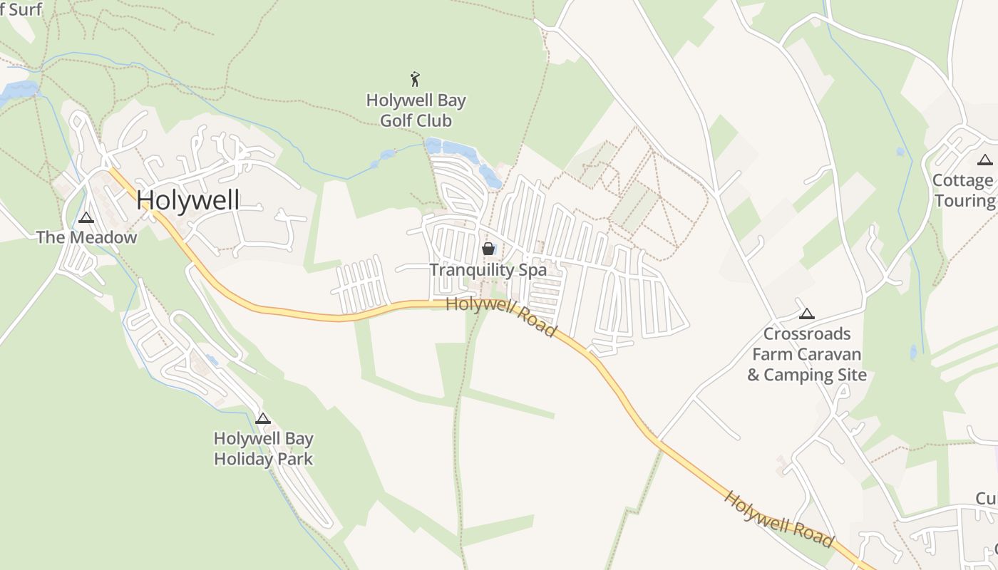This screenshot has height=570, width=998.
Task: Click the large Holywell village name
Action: tap(188, 200)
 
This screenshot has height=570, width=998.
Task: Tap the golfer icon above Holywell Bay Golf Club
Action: tap(416, 79)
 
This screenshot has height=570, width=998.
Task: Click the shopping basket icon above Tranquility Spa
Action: tap(488, 249)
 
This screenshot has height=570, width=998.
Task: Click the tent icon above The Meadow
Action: tap(86, 217)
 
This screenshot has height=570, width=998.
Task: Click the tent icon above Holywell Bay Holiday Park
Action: tap(263, 418)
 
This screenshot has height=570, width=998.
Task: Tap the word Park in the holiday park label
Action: tap(294, 459)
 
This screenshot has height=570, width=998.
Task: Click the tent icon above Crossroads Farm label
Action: tap(806, 313)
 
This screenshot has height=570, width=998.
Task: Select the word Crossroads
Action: tap(807, 334)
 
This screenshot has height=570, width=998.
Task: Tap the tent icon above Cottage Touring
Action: tap(985, 160)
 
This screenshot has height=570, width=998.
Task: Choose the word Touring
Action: tap(964, 201)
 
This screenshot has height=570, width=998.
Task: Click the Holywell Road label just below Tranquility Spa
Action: tap(500, 318)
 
